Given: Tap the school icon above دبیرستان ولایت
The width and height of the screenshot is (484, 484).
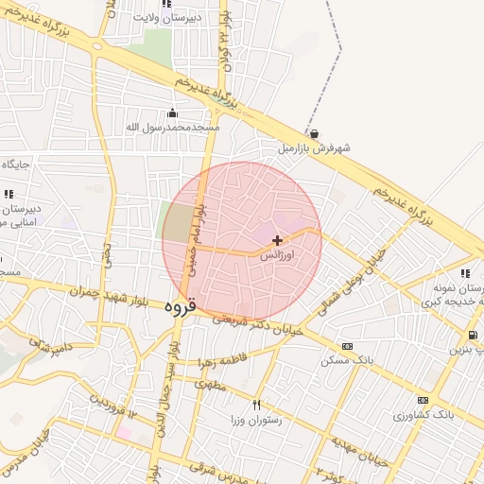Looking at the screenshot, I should [166, 5].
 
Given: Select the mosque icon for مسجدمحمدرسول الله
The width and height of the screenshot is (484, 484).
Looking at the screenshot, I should [172, 113].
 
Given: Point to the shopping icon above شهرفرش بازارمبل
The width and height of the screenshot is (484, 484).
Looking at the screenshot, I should [314, 134].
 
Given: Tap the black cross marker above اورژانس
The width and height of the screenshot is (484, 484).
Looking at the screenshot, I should [277, 240].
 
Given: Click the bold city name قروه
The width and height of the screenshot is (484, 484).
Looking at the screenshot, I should [179, 306].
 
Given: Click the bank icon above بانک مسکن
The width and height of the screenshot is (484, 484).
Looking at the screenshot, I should [347, 346].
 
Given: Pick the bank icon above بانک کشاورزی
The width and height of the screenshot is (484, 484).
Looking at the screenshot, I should [423, 400].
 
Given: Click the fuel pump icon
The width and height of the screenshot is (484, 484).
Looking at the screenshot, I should [472, 335].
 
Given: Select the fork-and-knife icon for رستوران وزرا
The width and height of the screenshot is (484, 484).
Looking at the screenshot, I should [256, 404].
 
